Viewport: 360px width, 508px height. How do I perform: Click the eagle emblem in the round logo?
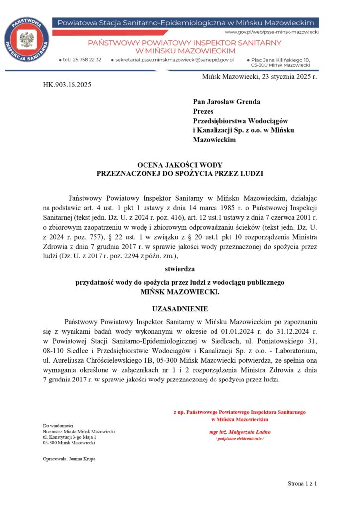(x=26, y=38)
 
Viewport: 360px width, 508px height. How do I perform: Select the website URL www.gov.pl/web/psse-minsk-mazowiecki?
(x=272, y=31)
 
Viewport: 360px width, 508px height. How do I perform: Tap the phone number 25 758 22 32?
(x=87, y=59)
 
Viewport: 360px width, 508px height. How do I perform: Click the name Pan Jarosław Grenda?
(x=226, y=102)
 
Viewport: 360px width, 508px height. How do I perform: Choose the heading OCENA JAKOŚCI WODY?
(x=180, y=165)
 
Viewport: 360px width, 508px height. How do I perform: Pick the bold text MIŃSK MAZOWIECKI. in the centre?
(x=180, y=292)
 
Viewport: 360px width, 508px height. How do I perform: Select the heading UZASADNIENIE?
(x=180, y=308)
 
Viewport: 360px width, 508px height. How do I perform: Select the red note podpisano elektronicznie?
(x=240, y=439)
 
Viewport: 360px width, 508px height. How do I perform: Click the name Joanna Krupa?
(x=83, y=459)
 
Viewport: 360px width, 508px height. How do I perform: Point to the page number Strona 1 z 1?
(x=302, y=483)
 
